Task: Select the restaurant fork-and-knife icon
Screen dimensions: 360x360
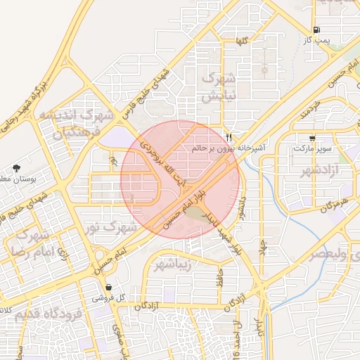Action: tap(228, 136)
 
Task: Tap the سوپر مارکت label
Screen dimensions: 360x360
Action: tap(312, 150)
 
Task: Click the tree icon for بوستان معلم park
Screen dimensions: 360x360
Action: tap(15, 167)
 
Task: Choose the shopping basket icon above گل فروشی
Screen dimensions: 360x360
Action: tap(109, 287)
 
